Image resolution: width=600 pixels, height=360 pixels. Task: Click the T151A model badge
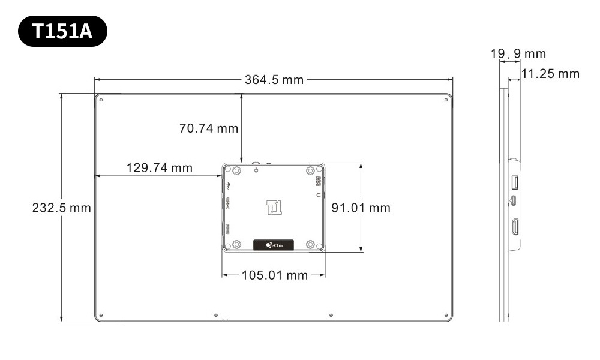(62, 31)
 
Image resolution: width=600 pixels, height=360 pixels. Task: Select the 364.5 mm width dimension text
(274, 80)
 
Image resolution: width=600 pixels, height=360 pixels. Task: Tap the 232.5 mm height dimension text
(61, 208)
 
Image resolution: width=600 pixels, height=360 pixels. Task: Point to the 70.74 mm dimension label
(208, 128)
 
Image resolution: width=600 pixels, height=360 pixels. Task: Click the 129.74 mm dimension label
(159, 168)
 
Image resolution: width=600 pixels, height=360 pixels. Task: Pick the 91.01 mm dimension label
(361, 208)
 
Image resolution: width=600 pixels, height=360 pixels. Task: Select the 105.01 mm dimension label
(274, 275)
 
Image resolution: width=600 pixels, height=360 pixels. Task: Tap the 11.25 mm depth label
(550, 74)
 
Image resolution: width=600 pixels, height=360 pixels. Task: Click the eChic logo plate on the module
(273, 244)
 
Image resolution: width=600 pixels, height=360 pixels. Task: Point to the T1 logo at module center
(274, 207)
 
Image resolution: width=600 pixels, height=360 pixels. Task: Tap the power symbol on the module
(256, 171)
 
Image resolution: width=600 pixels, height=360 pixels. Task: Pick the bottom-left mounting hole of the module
(236, 244)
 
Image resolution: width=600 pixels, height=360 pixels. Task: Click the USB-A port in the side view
(515, 181)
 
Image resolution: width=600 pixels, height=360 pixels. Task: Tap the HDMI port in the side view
(515, 227)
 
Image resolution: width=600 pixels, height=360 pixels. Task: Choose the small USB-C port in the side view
(514, 200)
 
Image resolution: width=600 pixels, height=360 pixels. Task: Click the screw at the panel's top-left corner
(101, 100)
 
